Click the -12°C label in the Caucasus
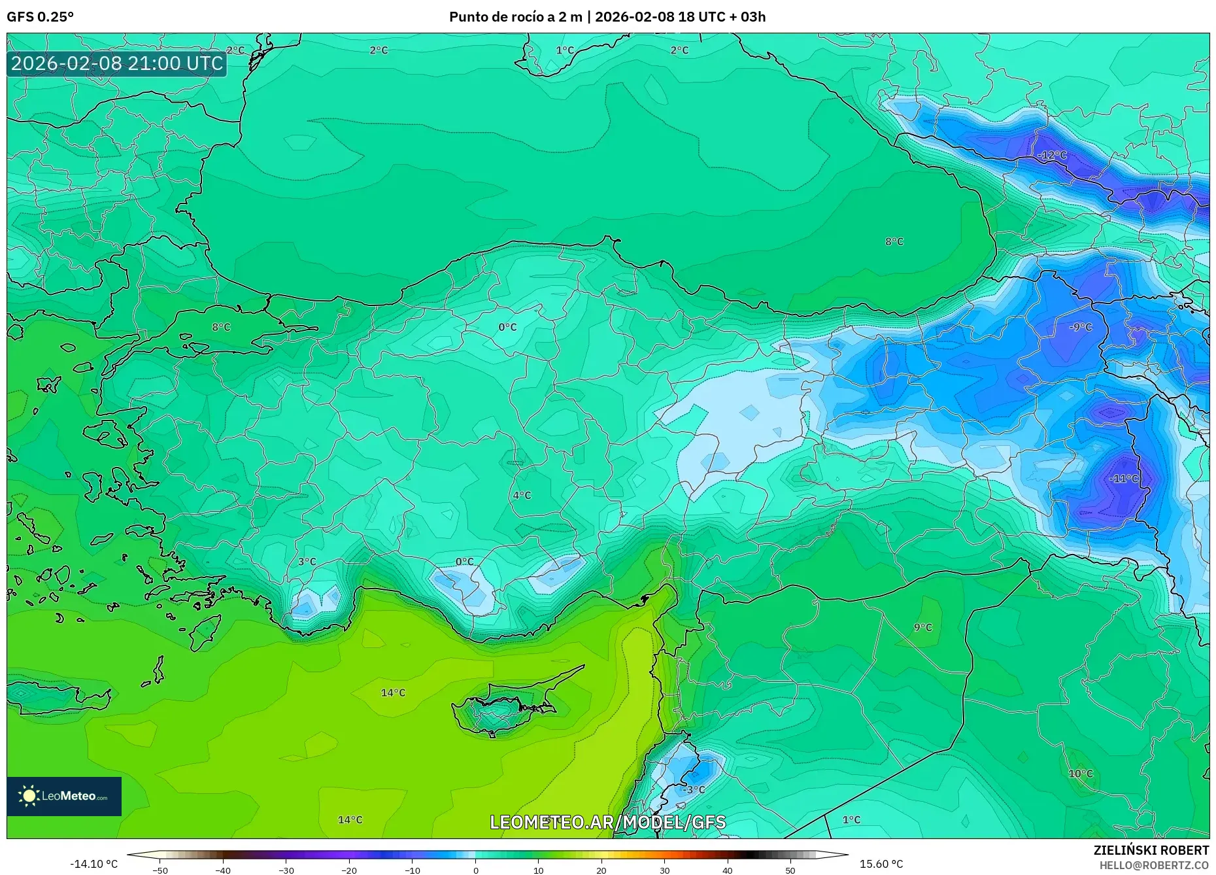click(1052, 155)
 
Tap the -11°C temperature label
click(1123, 478)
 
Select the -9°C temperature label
click(1080, 326)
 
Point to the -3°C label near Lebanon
click(693, 789)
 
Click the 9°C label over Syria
click(922, 627)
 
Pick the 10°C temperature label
click(1080, 773)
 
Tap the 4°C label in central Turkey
click(521, 495)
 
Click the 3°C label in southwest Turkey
click(307, 561)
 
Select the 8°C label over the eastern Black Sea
click(894, 241)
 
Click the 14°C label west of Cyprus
click(393, 693)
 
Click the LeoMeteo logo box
click(64, 796)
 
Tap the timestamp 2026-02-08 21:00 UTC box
click(117, 63)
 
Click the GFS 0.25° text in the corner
click(40, 17)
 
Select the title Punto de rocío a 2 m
click(515, 17)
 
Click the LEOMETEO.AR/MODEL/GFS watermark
click(607, 822)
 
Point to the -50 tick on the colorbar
click(160, 870)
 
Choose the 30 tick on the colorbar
click(664, 870)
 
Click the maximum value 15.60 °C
click(881, 864)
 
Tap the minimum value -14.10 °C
click(93, 864)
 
